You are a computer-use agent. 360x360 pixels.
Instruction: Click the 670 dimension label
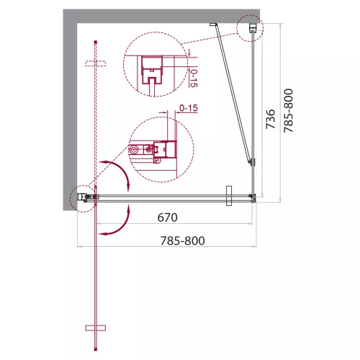click(x=167, y=217)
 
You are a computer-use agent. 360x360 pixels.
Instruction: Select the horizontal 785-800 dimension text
click(x=182, y=240)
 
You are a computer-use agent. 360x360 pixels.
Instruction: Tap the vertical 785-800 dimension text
click(x=288, y=110)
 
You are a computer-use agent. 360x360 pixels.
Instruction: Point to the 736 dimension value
click(x=270, y=119)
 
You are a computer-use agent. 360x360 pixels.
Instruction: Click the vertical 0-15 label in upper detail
click(x=194, y=78)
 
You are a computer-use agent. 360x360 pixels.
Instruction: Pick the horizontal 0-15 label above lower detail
click(x=189, y=108)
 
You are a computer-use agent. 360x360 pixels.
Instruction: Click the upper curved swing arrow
click(x=119, y=171)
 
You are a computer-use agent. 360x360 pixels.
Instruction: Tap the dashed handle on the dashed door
click(x=96, y=63)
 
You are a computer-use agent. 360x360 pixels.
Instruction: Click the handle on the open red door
click(x=96, y=328)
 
